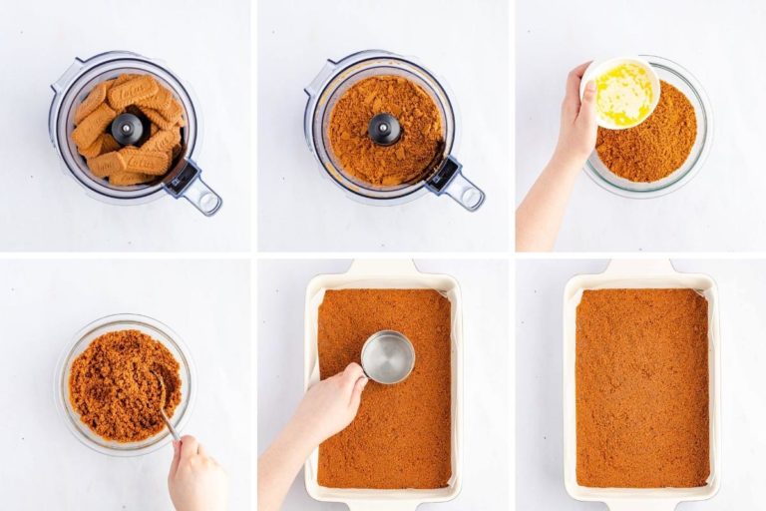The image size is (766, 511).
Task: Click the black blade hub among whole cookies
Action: tap(128, 128)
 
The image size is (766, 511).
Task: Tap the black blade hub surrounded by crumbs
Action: tap(385, 129)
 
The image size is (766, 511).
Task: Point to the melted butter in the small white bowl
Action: tap(623, 94)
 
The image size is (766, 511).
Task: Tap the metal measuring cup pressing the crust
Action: tap(387, 356)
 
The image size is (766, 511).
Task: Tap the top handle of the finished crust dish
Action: tap(640, 267)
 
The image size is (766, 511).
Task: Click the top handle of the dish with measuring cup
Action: tap(385, 267)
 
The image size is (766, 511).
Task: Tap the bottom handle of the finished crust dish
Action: tap(640, 504)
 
